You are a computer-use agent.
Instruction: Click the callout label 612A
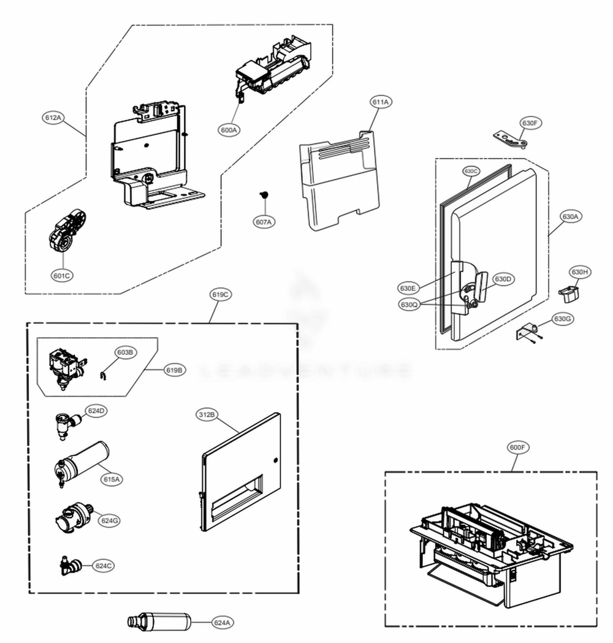click(x=53, y=117)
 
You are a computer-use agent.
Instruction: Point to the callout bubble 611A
click(x=380, y=102)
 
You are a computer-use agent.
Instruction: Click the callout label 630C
click(x=471, y=171)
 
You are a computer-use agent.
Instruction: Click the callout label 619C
click(x=221, y=295)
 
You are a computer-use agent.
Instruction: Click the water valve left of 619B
click(x=65, y=365)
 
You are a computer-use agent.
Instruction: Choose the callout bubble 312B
click(x=207, y=415)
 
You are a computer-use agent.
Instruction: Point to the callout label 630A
click(x=570, y=216)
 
